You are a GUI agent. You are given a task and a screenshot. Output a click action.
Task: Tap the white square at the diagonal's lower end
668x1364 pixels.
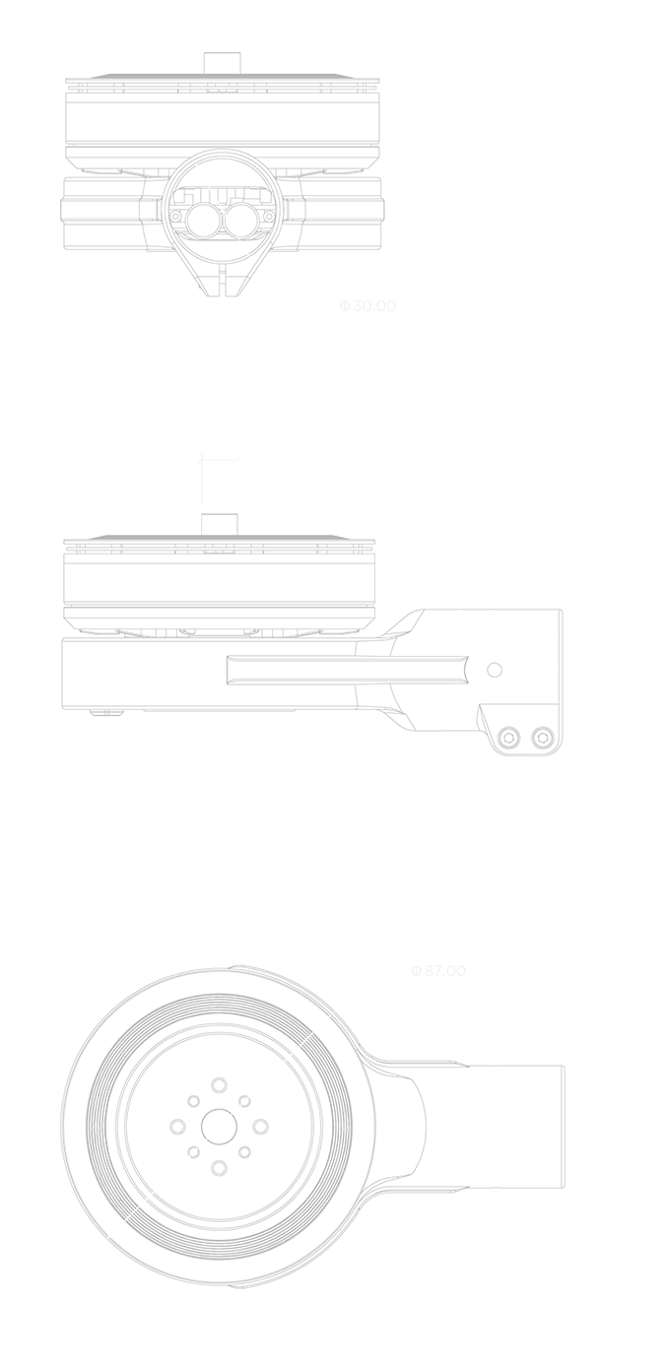[x=116, y=1228]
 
